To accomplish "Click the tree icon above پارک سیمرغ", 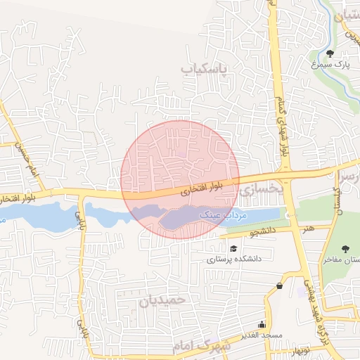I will pos(330,53).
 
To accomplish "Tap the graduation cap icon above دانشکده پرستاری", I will pos(233,248).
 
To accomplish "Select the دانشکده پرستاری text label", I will pos(233,259).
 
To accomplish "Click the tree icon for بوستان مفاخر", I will pos(345,249).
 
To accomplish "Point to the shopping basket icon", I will pos(280,285).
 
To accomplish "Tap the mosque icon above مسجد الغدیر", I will pos(262,324).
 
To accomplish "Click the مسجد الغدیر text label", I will pos(260,335).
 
